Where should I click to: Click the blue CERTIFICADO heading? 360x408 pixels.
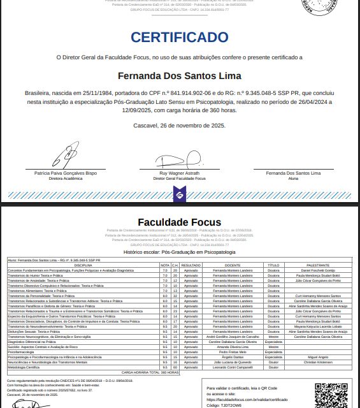coord(179,37)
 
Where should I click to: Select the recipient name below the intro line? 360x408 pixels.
coord(179,76)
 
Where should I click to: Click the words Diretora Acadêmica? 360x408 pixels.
coord(66,179)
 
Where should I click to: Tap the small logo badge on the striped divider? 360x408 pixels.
coord(180,193)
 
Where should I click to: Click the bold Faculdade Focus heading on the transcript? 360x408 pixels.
coord(179,222)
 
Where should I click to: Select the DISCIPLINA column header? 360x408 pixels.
coord(83,265)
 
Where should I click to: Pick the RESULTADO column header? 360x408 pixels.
coord(191,265)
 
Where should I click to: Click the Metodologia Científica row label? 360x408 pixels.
coord(24,367)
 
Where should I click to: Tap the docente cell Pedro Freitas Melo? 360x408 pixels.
coord(233,351)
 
